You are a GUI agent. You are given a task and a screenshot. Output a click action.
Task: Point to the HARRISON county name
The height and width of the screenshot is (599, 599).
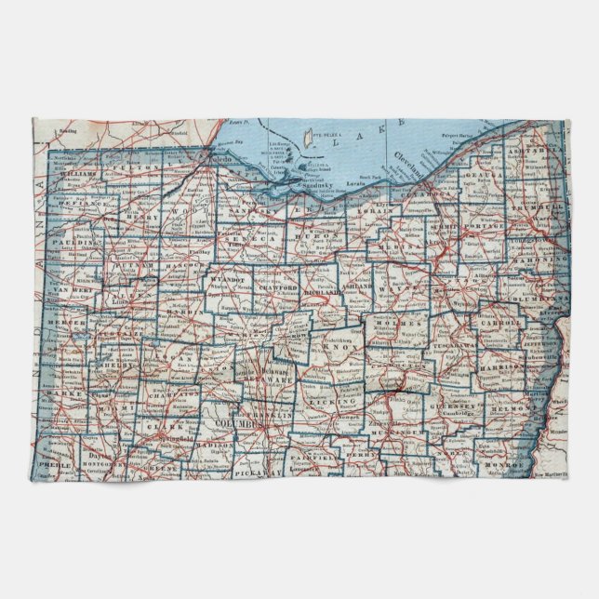pos(503,368)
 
